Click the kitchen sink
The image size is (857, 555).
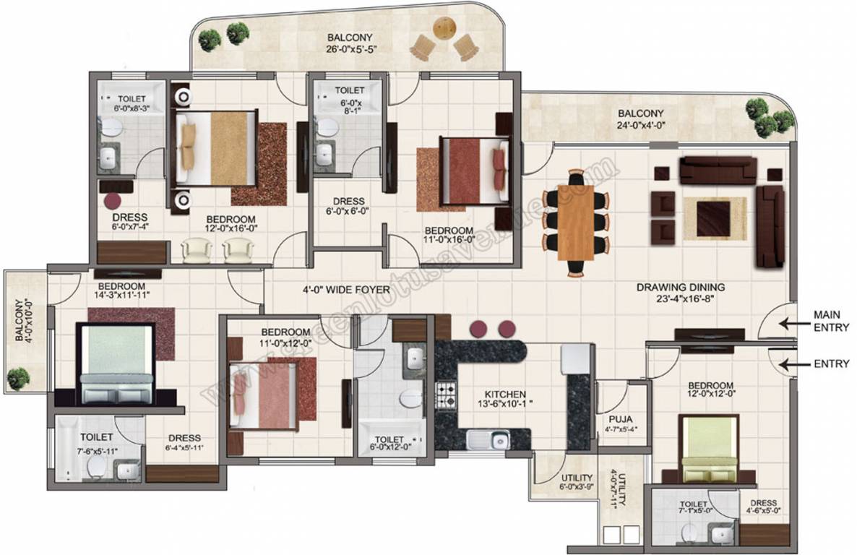coord(488,439)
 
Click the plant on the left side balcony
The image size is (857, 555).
coord(19,377)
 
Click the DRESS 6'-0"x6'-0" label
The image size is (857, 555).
coord(348,207)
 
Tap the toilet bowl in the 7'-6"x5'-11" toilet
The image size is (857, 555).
coord(95,468)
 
